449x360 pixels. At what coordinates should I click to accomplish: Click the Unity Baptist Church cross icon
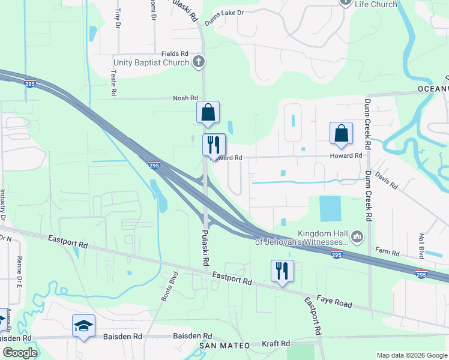199,62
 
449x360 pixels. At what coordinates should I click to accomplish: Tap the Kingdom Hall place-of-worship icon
357,236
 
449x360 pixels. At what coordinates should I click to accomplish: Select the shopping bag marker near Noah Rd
208,112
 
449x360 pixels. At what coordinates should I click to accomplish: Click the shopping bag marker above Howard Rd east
341,133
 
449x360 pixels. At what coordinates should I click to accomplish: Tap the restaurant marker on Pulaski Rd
214,145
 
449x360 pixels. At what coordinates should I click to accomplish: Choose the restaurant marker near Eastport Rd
282,270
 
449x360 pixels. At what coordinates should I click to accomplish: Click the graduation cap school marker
83,325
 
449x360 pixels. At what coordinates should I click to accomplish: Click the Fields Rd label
175,53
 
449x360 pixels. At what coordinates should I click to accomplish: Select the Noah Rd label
185,98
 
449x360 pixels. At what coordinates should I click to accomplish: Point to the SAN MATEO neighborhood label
224,346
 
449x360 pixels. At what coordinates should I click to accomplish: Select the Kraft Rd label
276,344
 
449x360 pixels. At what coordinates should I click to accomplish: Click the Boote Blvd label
170,286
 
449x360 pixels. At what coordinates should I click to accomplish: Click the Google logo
20,353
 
